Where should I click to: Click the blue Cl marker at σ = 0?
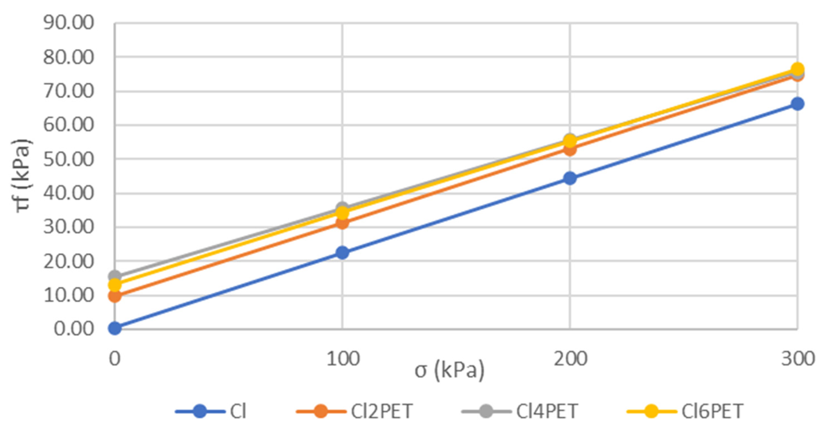(x=115, y=328)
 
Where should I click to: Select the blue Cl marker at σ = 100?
(x=342, y=253)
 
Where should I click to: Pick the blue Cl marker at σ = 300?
(x=797, y=104)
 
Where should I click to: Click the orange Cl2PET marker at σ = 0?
(x=115, y=296)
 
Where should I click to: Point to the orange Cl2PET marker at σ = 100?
(x=342, y=223)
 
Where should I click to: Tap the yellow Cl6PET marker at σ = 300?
(x=798, y=69)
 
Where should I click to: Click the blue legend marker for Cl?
(x=200, y=411)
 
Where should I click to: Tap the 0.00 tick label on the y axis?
(x=74, y=329)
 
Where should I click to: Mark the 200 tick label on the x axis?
(x=570, y=359)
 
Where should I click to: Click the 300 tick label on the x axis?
(x=798, y=359)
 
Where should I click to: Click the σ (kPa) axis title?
(x=449, y=371)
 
